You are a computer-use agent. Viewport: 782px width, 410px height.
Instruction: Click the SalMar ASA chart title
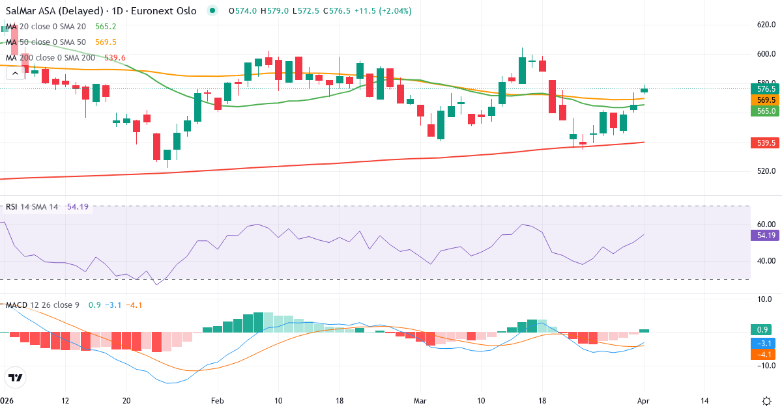tap(101, 11)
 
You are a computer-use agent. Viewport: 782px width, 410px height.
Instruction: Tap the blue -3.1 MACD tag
tap(761, 343)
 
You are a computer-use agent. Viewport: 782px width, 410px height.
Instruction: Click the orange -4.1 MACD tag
tap(761, 355)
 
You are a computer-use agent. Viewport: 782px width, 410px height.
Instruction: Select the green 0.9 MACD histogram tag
tap(761, 330)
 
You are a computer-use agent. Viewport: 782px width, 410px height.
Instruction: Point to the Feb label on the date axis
tap(218, 400)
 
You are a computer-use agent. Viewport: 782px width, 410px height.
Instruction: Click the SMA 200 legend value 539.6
tap(114, 58)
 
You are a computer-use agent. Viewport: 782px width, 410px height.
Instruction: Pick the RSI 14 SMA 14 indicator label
tap(32, 207)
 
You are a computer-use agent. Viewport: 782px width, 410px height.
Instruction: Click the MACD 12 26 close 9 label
tap(43, 305)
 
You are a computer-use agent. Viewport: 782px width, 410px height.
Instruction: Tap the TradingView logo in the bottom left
tap(15, 377)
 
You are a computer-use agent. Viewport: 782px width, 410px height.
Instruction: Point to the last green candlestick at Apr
tap(644, 90)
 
